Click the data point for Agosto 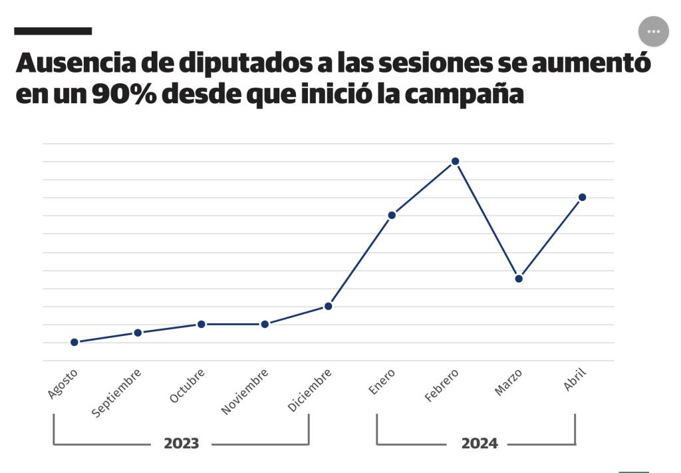74,342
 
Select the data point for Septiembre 138,333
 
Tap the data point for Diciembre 328,306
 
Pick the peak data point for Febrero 456,161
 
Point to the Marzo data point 519,279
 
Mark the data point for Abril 582,197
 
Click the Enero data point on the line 392,215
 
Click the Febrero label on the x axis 442,387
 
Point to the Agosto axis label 63,384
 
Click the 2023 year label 182,444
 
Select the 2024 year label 479,444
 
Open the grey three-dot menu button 653,31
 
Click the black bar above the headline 53,31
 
